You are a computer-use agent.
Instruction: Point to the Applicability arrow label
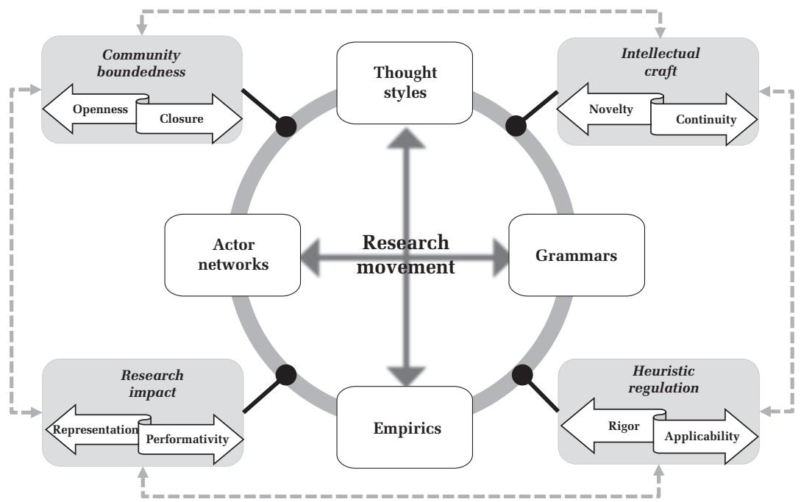[x=701, y=437]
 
